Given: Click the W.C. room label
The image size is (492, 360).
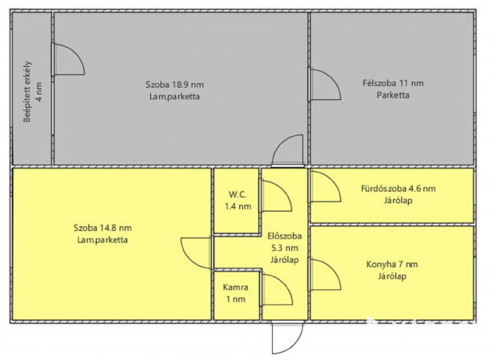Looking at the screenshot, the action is [238, 195].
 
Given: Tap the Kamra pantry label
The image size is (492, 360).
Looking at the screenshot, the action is [236, 287].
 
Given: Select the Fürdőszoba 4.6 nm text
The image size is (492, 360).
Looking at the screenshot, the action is [398, 188].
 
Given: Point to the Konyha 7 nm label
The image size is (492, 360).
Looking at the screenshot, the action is [392, 265].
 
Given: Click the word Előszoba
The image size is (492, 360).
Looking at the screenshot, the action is [284, 236].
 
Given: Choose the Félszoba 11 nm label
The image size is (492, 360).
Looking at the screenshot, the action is [393, 83].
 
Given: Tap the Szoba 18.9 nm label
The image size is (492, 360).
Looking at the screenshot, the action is [175, 85].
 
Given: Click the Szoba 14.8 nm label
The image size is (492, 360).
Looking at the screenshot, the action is [102, 228].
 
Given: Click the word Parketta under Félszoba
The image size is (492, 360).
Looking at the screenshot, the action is [393, 95].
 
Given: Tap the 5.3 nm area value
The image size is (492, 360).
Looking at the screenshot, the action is [284, 248].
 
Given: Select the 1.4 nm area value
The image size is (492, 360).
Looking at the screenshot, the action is [238, 206].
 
